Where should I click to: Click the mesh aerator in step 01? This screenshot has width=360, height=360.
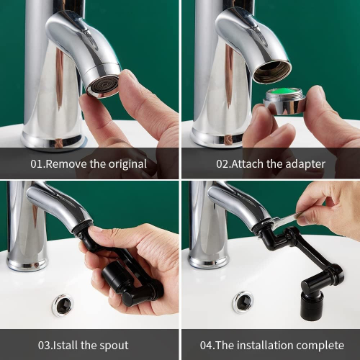click(x=103, y=86)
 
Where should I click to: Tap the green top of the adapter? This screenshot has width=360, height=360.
click(x=284, y=91)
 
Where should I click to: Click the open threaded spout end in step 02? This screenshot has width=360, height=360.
click(x=272, y=71)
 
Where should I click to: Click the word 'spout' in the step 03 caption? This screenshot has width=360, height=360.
click(x=114, y=346)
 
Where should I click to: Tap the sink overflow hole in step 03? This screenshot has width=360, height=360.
click(x=63, y=305)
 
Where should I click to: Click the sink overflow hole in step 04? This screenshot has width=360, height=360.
click(x=243, y=302)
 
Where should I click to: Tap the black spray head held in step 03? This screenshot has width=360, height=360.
click(x=113, y=276)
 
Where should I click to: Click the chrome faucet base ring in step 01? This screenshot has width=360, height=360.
click(x=53, y=142)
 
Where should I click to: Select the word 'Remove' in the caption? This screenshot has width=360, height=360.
click(x=66, y=164)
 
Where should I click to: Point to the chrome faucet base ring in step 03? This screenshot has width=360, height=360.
click(x=27, y=264)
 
